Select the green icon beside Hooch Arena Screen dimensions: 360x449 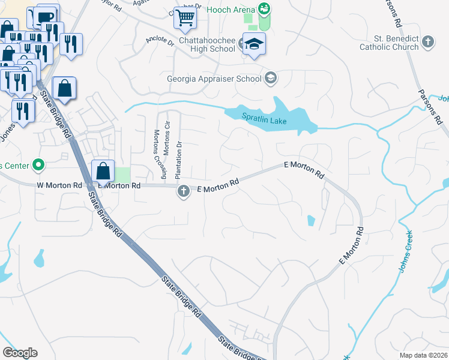(264, 8)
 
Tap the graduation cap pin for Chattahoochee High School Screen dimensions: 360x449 (255, 44)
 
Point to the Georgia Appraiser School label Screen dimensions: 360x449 (214, 78)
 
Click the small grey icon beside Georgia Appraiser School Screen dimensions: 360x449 (271, 77)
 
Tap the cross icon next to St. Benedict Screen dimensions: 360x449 (427, 42)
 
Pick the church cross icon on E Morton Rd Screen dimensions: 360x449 (183, 191)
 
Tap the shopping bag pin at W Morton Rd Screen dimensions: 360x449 (103, 170)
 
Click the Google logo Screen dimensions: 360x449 (20, 353)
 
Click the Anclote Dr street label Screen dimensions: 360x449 (160, 43)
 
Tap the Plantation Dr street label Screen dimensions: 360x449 (178, 160)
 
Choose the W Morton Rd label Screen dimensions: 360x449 (58, 185)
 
